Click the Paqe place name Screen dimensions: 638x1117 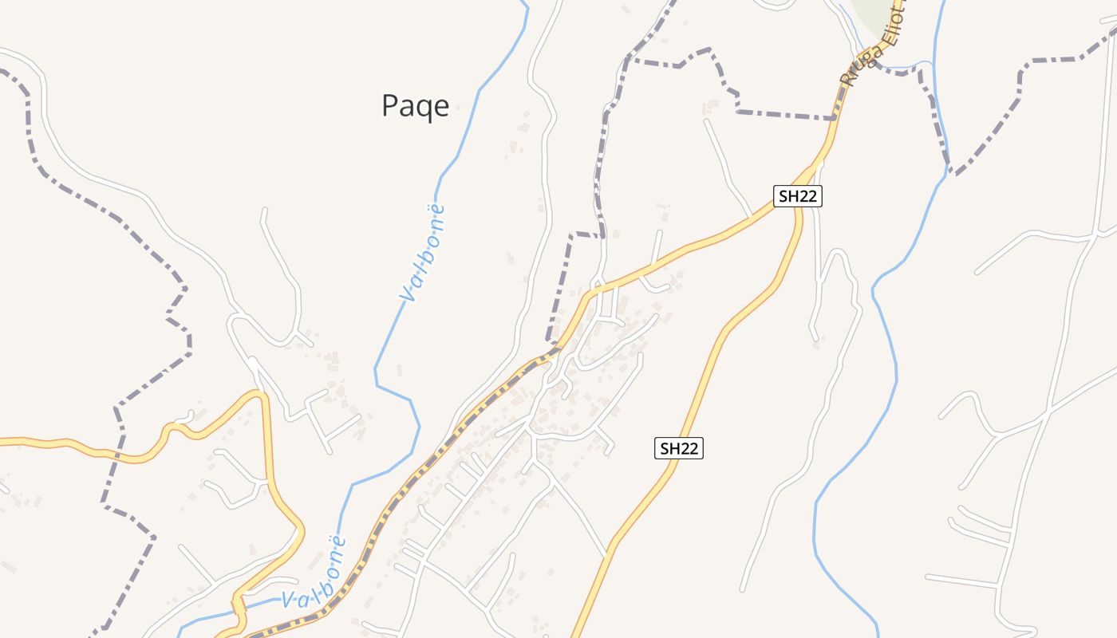coord(415,105)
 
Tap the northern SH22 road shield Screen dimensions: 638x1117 coord(797,196)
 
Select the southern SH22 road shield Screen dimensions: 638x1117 coord(679,448)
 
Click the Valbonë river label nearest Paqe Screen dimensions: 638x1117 coord(423,254)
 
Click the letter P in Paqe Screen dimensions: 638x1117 coord(389,105)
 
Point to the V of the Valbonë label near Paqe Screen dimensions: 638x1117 coord(408,295)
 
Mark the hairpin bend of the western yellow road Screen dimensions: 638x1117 coord(259,394)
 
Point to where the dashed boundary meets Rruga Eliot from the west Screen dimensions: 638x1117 coord(835,119)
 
